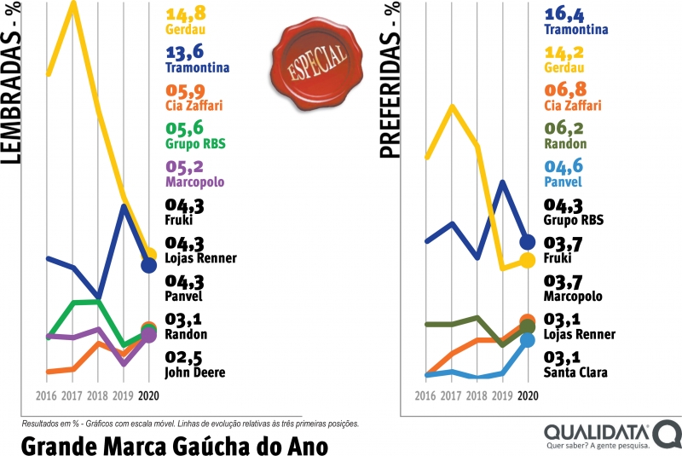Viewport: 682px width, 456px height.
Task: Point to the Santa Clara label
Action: [576, 373]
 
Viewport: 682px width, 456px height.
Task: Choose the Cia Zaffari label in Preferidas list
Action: [572, 106]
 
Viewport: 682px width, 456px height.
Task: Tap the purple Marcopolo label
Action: [195, 182]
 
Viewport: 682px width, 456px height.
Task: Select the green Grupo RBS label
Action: [195, 144]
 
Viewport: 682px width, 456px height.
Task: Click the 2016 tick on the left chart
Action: [47, 396]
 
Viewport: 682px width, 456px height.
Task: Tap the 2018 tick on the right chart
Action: [477, 396]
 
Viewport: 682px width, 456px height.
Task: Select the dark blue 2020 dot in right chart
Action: [527, 242]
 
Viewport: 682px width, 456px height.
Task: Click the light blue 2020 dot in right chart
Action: [527, 339]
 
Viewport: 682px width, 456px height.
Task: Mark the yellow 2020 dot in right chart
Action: [527, 260]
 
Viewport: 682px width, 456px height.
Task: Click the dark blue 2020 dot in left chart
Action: [149, 265]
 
